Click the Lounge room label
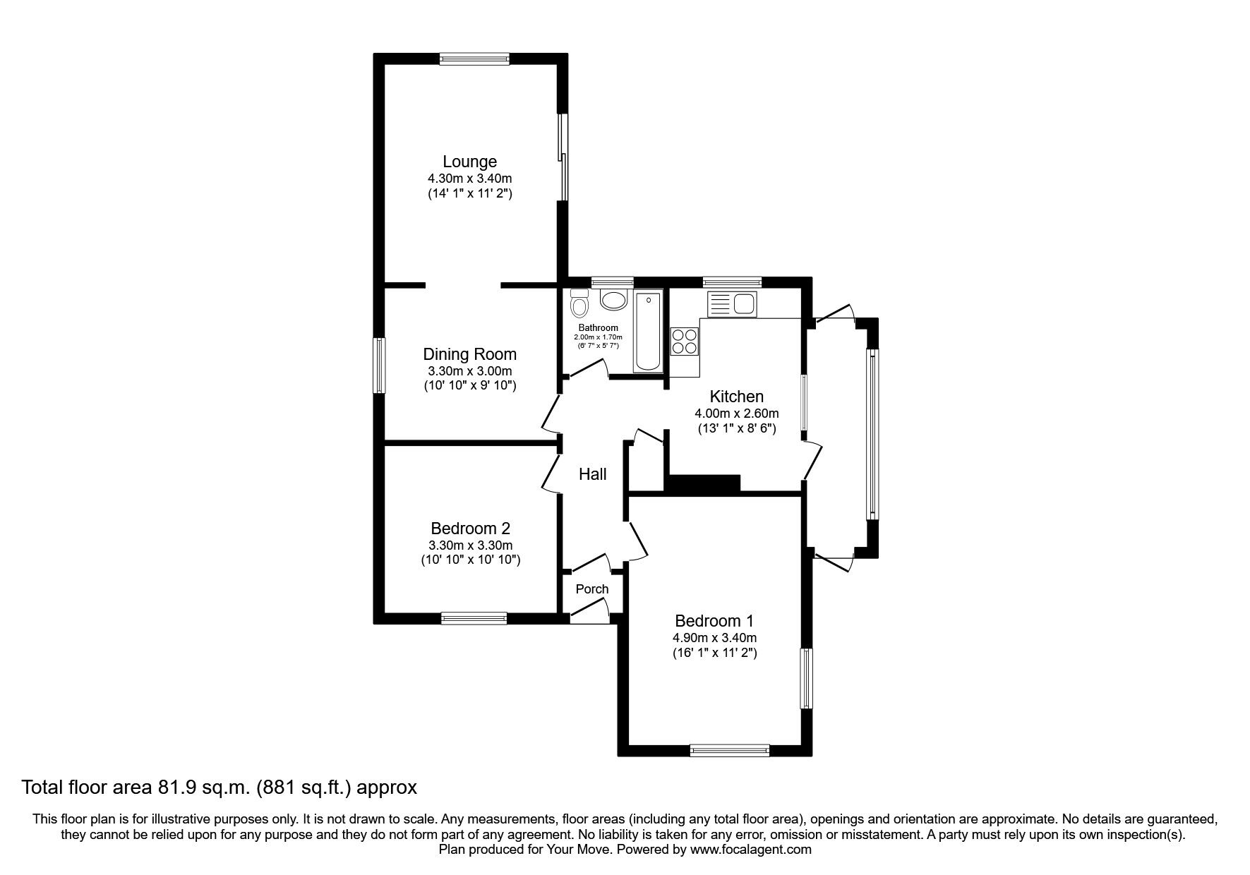pos(469,162)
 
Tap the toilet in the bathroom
pos(579,303)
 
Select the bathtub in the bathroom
pos(648,332)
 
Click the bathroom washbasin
pos(613,300)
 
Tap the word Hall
pos(592,474)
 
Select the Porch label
pos(591,589)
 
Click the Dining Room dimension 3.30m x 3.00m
pos(469,370)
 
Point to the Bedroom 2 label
pos(470,528)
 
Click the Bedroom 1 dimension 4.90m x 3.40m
pos(714,638)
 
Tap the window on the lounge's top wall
pos(474,59)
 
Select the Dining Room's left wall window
pos(380,366)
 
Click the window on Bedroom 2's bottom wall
pos(474,618)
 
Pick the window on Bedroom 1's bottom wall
pos(729,751)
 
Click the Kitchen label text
pos(736,397)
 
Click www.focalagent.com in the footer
pos(750,850)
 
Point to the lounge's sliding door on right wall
pos(563,157)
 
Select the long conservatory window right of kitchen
pos(872,434)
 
